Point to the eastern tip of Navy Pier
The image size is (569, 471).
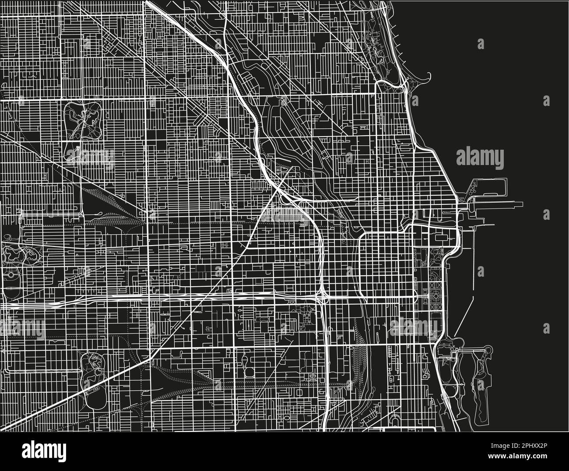[x=522, y=204]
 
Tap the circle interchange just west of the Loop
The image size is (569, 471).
[x=323, y=298]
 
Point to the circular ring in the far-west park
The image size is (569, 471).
[x=9, y=275]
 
